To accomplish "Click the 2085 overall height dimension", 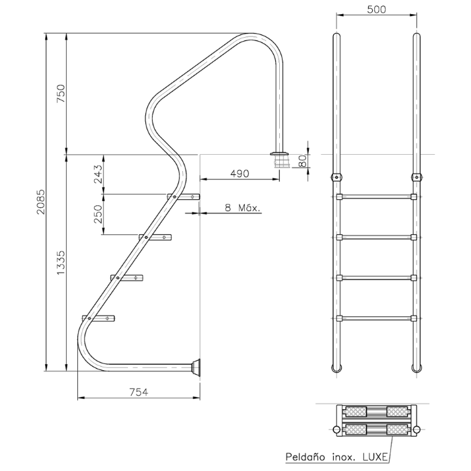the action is coord(40,202).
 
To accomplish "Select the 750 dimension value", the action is coord(61,94).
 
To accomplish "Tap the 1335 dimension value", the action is coord(61,262).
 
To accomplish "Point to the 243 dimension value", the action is coord(98,174).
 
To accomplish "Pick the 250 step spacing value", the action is coord(98,214).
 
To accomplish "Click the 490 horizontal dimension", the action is coord(240,174).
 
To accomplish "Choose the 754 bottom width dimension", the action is coord(139,392).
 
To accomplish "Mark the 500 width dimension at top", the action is coord(376,9).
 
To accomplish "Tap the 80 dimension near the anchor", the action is coord(303,161).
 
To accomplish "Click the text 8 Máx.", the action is coord(243,207).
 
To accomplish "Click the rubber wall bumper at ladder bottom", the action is coord(196,367).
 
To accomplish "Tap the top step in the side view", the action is coord(183,197).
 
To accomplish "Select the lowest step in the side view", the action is coord(98,318).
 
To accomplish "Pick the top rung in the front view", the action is coord(376,197).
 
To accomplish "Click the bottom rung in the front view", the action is coord(376,318).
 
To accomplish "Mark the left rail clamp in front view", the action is coord(336,177).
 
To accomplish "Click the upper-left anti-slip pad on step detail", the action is coord(356,412).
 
